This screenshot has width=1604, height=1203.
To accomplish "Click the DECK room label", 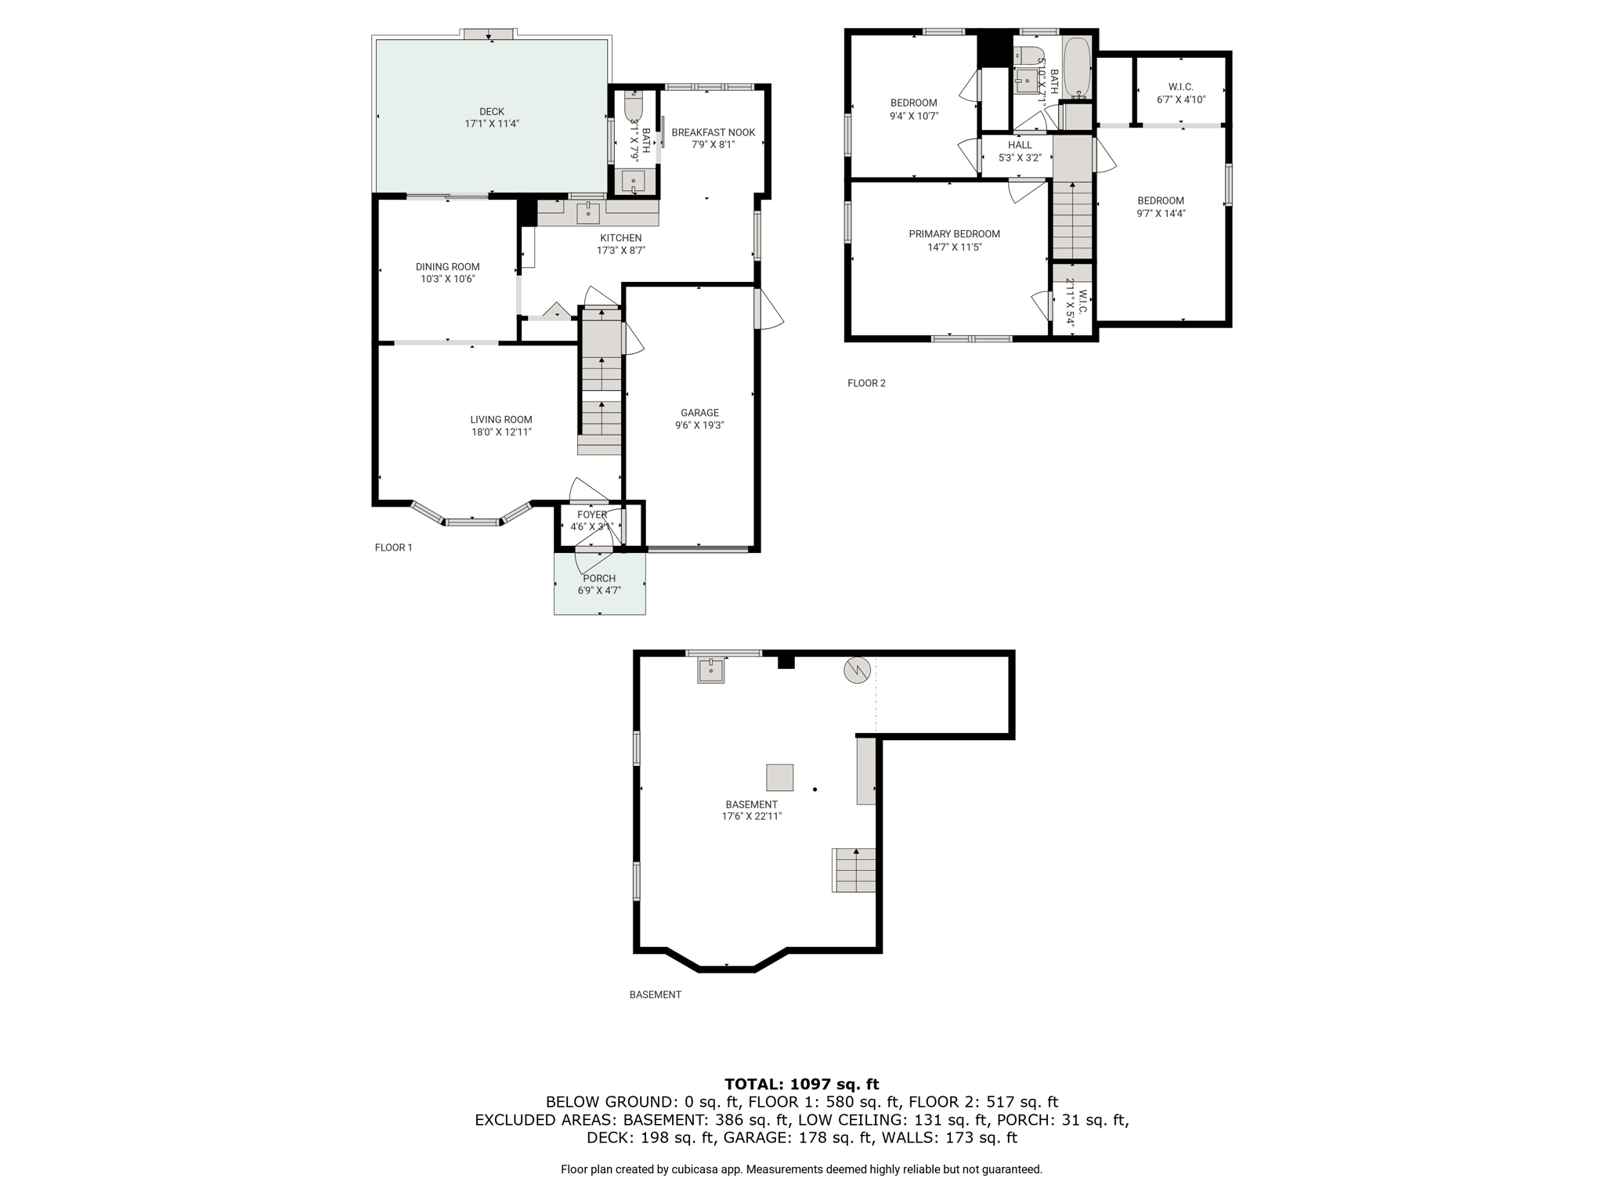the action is [492, 112].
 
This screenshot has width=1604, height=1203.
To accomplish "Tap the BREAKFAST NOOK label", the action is [713, 132].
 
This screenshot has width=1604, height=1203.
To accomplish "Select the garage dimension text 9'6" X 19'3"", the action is [699, 425].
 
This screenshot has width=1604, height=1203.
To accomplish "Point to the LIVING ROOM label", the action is [501, 420].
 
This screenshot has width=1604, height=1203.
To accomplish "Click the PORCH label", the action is [599, 579].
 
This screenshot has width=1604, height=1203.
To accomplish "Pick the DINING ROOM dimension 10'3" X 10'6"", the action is [447, 279].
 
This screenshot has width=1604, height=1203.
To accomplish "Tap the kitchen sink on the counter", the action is [588, 211].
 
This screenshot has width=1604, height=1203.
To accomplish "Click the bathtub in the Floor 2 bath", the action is [1077, 68].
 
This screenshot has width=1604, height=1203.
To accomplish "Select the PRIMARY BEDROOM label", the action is [954, 234].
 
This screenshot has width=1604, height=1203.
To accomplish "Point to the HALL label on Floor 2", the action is [1020, 145].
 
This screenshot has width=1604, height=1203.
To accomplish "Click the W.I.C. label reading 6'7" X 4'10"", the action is [1180, 99].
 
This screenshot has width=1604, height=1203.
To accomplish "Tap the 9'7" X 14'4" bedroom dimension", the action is [1161, 213].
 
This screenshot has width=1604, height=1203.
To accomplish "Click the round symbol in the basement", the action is [857, 670].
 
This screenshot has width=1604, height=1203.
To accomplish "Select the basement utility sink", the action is [711, 670].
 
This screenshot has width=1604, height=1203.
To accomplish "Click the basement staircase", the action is [854, 870].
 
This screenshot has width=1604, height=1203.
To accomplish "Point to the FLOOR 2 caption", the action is [866, 383].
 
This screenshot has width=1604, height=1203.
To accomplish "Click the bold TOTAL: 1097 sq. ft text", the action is [801, 1084].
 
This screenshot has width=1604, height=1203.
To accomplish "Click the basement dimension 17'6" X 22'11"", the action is [752, 816].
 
